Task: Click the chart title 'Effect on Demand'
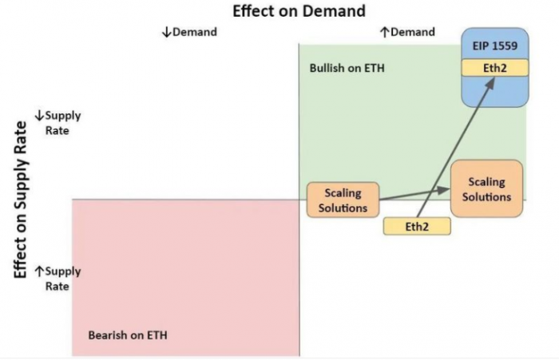pyautogui.click(x=299, y=10)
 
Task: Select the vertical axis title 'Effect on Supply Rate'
pyautogui.click(x=20, y=200)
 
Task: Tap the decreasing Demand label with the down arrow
pyautogui.click(x=189, y=32)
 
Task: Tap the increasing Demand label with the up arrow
pyautogui.click(x=407, y=32)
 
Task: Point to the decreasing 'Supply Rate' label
pyautogui.click(x=58, y=123)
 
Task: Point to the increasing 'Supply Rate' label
pyautogui.click(x=58, y=279)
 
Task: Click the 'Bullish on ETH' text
pyautogui.click(x=347, y=68)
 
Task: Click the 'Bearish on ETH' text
pyautogui.click(x=128, y=335)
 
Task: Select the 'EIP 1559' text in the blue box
pyautogui.click(x=495, y=45)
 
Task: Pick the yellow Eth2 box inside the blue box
pyautogui.click(x=495, y=68)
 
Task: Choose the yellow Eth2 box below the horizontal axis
pyautogui.click(x=417, y=227)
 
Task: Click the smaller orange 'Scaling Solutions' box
pyautogui.click(x=343, y=200)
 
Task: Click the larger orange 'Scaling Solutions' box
pyautogui.click(x=486, y=189)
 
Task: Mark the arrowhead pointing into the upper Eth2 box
pyautogui.click(x=490, y=82)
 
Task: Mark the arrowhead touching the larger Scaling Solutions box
pyautogui.click(x=444, y=190)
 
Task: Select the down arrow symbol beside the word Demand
pyautogui.click(x=166, y=33)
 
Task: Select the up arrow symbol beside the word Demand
pyautogui.click(x=384, y=33)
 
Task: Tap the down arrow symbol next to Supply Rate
pyautogui.click(x=39, y=116)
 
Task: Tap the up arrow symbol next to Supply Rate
pyautogui.click(x=39, y=271)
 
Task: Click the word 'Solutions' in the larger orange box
pyautogui.click(x=486, y=196)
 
